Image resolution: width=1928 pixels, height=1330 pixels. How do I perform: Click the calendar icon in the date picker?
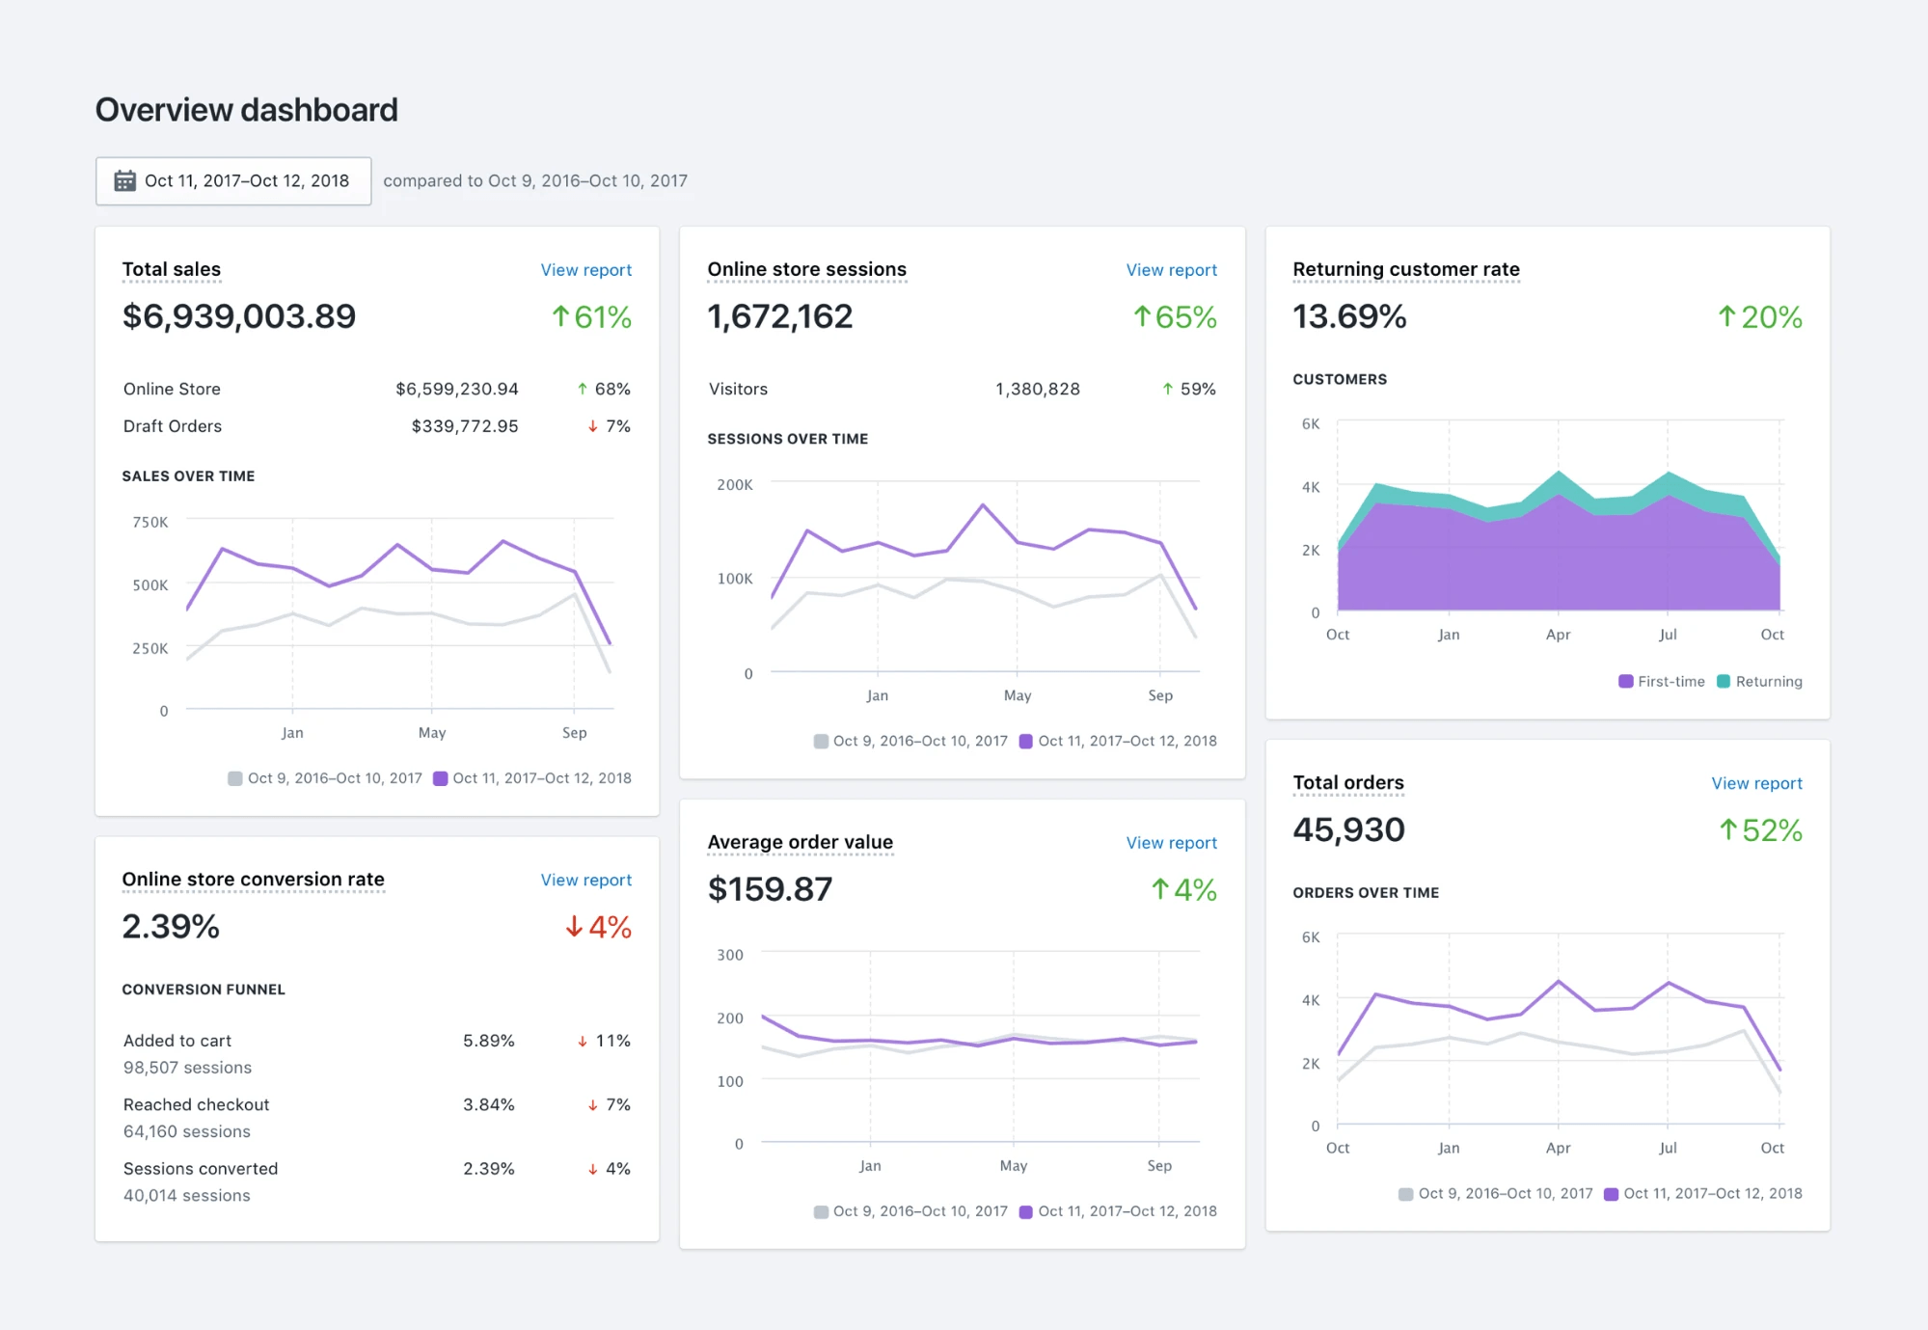[x=124, y=180]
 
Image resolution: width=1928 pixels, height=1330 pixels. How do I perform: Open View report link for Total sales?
[x=585, y=270]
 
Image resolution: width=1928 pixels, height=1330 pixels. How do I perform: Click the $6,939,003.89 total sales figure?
[x=238, y=316]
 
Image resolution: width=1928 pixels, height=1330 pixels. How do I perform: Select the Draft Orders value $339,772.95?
[x=464, y=426]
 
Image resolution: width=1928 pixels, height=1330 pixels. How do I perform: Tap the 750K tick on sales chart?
[x=150, y=522]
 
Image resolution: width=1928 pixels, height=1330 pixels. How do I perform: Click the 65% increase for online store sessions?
[x=1175, y=316]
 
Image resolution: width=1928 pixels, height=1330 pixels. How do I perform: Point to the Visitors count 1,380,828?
[x=1037, y=389]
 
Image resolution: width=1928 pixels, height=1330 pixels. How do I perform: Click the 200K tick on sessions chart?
[x=735, y=484]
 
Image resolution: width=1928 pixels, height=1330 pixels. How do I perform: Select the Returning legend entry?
[x=1760, y=681]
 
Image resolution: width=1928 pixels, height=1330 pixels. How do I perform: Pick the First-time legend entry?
[x=1662, y=681]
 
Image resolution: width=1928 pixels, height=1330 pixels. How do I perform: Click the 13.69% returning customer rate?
[x=1348, y=316]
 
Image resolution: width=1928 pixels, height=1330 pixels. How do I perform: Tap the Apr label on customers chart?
[x=1558, y=635]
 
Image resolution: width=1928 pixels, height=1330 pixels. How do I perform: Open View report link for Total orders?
[x=1756, y=783]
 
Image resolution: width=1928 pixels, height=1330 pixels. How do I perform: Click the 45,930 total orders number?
[x=1348, y=829]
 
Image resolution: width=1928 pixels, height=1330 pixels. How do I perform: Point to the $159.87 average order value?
[x=770, y=889]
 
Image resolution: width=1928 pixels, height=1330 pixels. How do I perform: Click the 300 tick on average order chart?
[x=730, y=955]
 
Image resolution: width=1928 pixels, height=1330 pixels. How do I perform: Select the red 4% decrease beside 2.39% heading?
[x=599, y=927]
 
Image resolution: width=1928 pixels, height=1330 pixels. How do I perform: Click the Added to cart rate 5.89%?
[x=488, y=1041]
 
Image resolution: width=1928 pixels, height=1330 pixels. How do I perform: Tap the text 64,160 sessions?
[x=187, y=1131]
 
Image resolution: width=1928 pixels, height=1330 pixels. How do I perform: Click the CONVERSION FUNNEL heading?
[x=204, y=990]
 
